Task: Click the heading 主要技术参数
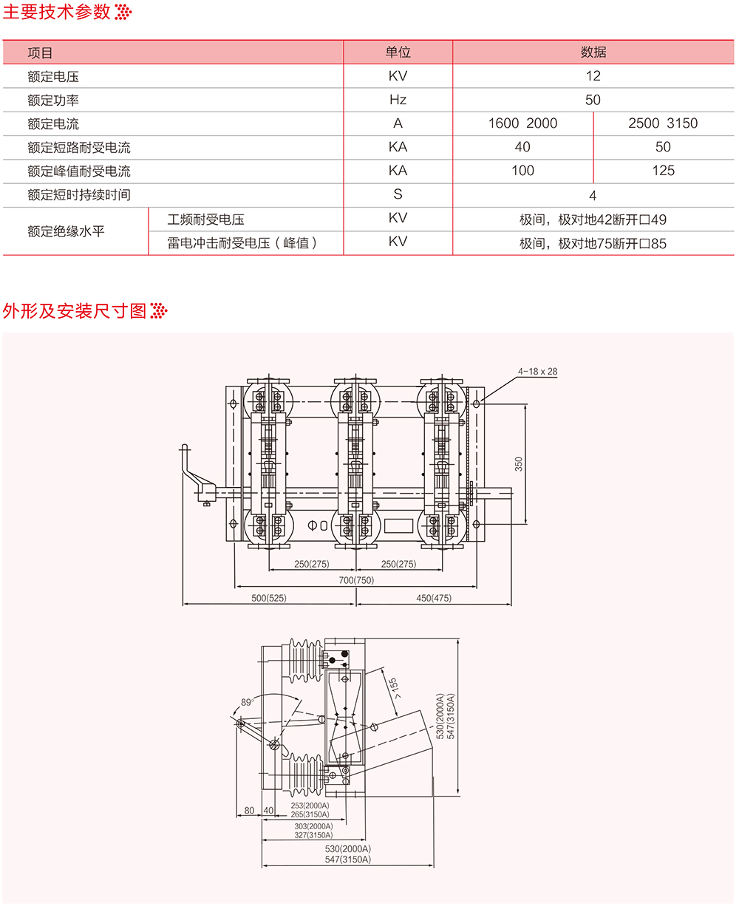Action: [57, 12]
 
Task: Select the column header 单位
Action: [398, 52]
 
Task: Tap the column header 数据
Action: [593, 52]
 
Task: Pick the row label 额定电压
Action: [52, 76]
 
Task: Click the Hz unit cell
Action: [398, 100]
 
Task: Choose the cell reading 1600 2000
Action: [522, 123]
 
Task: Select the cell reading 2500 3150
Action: [663, 123]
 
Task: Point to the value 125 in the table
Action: [663, 171]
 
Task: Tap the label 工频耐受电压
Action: [206, 219]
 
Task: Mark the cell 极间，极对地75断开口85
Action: [593, 242]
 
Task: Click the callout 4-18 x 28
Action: [537, 372]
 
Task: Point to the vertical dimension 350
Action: [519, 463]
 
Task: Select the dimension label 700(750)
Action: [356, 580]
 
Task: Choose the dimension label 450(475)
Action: [433, 598]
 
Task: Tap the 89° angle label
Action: [247, 702]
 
